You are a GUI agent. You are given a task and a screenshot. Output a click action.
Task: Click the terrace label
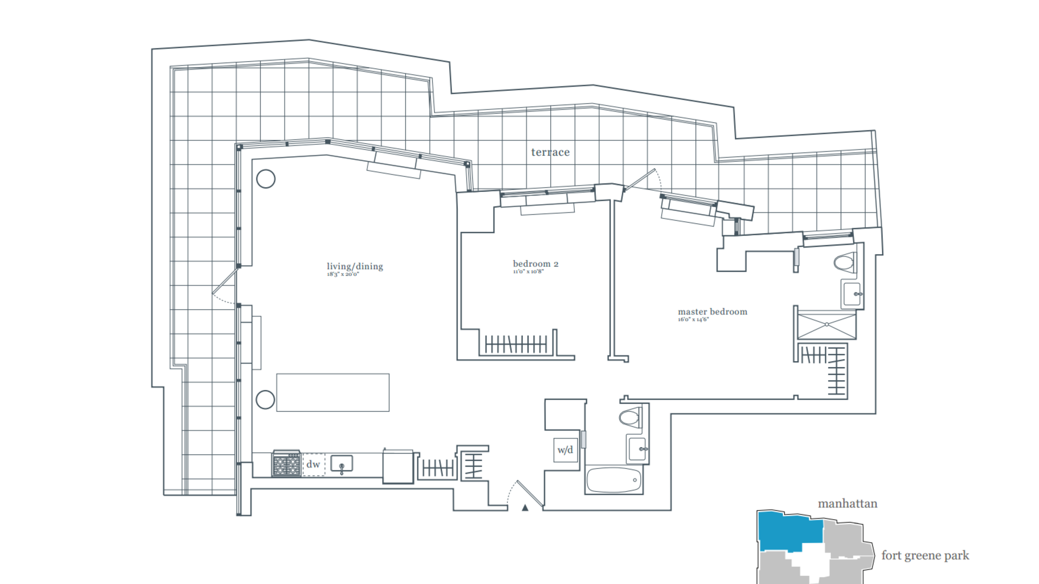pyautogui.click(x=550, y=152)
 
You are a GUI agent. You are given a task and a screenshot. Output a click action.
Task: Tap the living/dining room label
pyautogui.click(x=354, y=267)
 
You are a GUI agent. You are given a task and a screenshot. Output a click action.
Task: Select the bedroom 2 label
pyautogui.click(x=535, y=264)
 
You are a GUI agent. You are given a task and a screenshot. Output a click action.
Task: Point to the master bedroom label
pyautogui.click(x=712, y=312)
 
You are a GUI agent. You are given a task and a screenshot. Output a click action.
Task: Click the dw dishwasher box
pyautogui.click(x=313, y=464)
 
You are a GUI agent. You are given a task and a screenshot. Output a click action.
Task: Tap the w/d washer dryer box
pyautogui.click(x=565, y=450)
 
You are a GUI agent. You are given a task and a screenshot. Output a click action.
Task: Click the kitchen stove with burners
pyautogui.click(x=286, y=464)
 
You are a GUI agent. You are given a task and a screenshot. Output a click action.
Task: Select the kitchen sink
pyautogui.click(x=341, y=464)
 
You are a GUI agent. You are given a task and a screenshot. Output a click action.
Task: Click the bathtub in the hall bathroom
pyautogui.click(x=614, y=480)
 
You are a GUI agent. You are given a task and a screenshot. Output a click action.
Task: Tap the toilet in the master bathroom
pyautogui.click(x=845, y=263)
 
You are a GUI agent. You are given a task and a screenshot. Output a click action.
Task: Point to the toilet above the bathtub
pyautogui.click(x=629, y=417)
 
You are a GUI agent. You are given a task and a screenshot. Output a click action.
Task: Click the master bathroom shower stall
pyautogui.click(x=827, y=325)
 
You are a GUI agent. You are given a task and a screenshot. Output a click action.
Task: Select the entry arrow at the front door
pyautogui.click(x=525, y=508)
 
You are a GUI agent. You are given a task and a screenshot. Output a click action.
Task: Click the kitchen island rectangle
pyautogui.click(x=333, y=393)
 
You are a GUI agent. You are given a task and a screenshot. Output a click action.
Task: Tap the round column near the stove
pyautogui.click(x=265, y=400)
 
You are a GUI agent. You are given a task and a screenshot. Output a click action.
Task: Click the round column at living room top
pyautogui.click(x=266, y=179)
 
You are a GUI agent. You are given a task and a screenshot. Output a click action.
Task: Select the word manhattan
pyautogui.click(x=847, y=504)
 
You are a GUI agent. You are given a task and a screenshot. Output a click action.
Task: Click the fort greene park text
pyautogui.click(x=925, y=556)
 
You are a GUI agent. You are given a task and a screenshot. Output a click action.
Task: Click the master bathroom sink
pyautogui.click(x=852, y=294)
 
